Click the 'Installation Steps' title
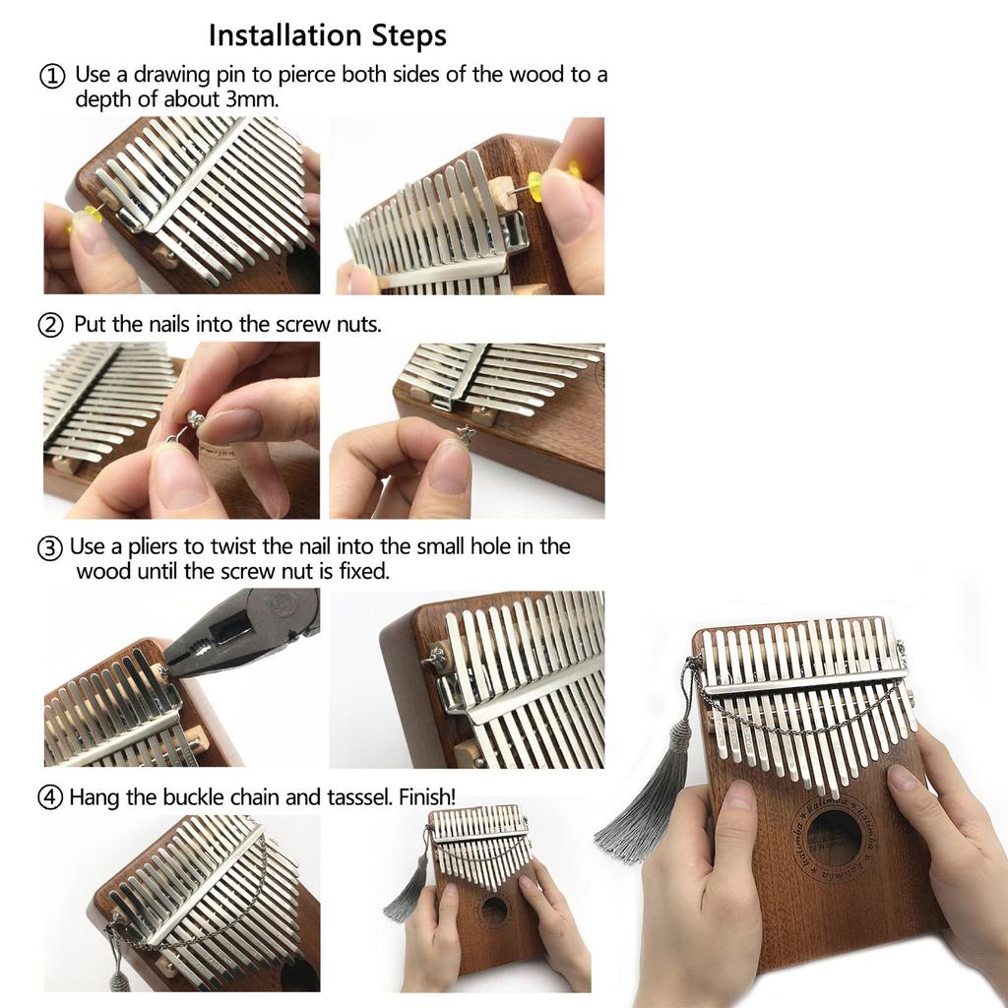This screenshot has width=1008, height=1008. pos(327,36)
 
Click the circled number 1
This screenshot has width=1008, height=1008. pos(52,76)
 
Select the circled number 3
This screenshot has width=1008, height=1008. pos(50,547)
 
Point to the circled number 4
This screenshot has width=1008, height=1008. pos(50,797)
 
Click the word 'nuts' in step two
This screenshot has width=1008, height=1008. pos(357,323)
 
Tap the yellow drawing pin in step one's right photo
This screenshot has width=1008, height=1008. pos(537,184)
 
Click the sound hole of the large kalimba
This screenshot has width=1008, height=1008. pos(833,838)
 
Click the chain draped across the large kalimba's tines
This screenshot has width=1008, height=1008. pos(797,724)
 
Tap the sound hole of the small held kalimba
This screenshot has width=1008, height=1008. pos(494,911)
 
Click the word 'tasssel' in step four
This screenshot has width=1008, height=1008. pos(356,796)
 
